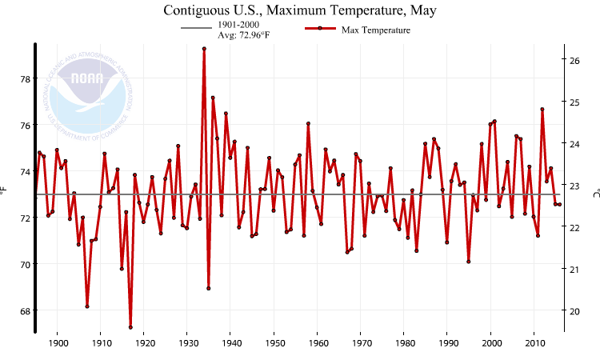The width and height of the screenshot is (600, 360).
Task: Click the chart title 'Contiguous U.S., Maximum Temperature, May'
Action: click(x=300, y=10)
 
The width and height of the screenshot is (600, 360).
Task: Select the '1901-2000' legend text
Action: click(x=238, y=25)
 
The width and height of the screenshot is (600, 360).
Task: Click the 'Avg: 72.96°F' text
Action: click(x=245, y=36)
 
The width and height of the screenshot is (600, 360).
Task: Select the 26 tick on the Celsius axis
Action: click(x=574, y=60)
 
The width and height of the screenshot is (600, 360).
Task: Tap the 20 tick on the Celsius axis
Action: click(x=574, y=310)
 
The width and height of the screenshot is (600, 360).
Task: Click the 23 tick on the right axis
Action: click(x=574, y=186)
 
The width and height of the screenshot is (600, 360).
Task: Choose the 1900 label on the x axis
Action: click(x=58, y=343)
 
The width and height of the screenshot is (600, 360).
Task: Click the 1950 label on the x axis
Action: click(x=274, y=343)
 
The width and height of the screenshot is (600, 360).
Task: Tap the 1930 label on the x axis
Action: click(x=187, y=343)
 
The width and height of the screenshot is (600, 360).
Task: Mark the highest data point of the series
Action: click(x=204, y=49)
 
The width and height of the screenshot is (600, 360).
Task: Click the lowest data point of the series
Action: click(x=130, y=327)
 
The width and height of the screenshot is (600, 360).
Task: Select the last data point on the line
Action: click(x=559, y=204)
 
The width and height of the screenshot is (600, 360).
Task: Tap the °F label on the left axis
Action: click(x=5, y=190)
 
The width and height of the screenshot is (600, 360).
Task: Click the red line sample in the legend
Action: click(x=319, y=30)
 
